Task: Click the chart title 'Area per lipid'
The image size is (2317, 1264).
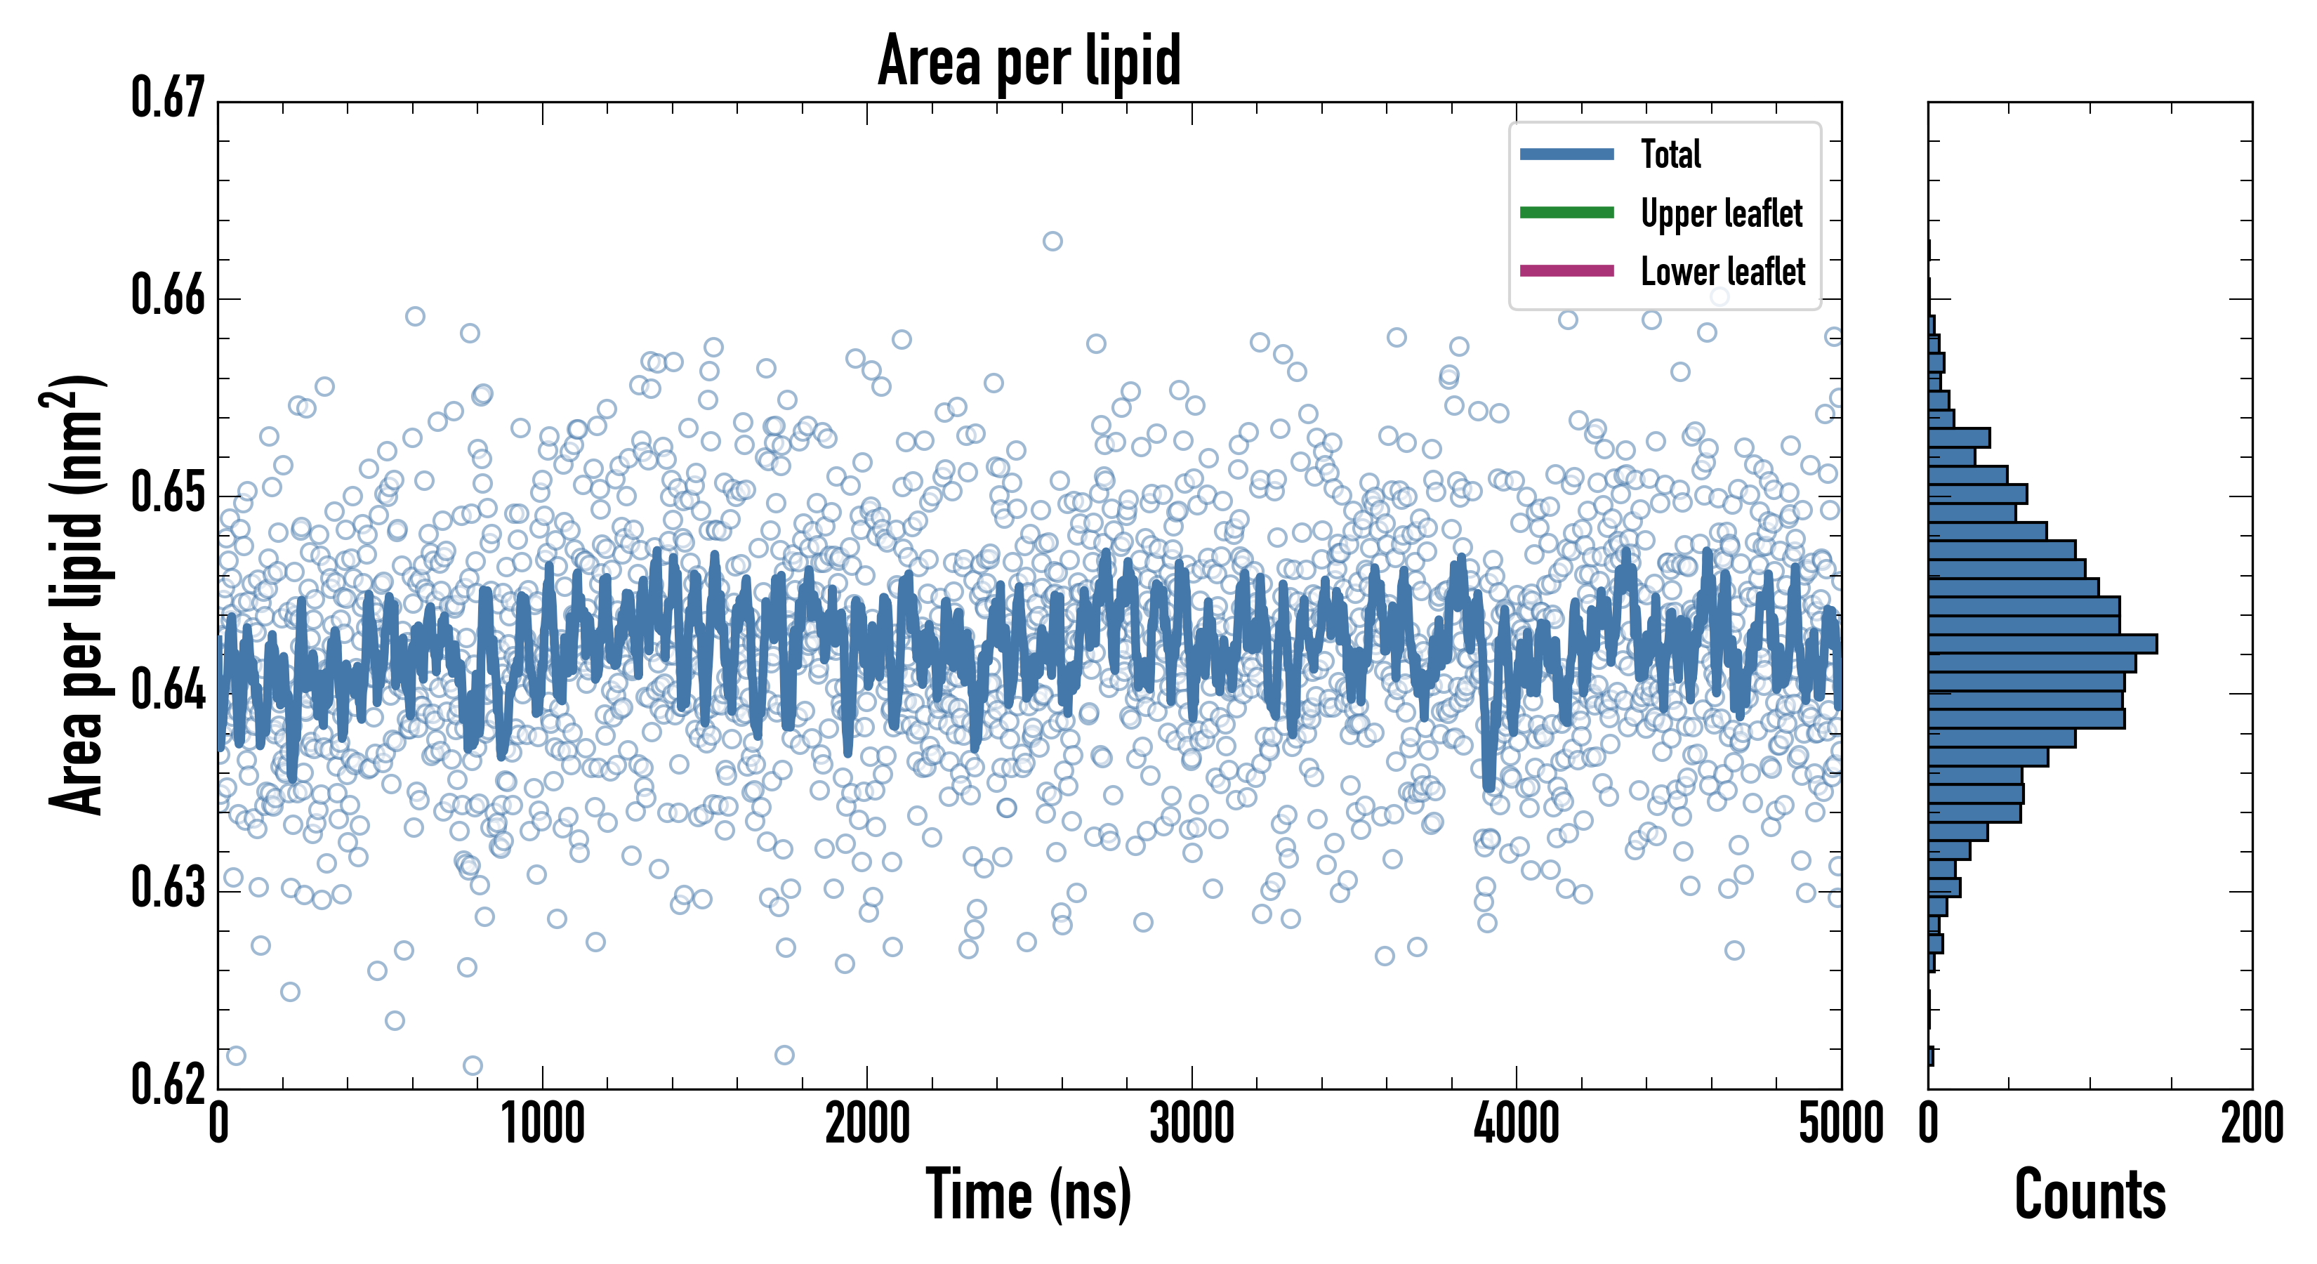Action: click(x=1029, y=60)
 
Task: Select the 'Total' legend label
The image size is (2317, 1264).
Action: click(x=1670, y=154)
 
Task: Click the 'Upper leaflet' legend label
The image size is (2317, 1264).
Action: click(x=1721, y=213)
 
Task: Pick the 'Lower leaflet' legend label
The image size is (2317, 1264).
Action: click(x=1722, y=271)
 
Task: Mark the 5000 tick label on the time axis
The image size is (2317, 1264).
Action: click(x=1840, y=1124)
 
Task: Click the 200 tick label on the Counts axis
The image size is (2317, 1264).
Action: click(x=2251, y=1124)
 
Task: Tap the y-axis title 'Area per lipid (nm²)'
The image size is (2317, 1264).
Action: click(x=76, y=595)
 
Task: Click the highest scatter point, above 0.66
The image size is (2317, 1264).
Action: click(x=1052, y=241)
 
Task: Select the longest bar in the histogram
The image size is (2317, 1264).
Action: click(x=2042, y=644)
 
